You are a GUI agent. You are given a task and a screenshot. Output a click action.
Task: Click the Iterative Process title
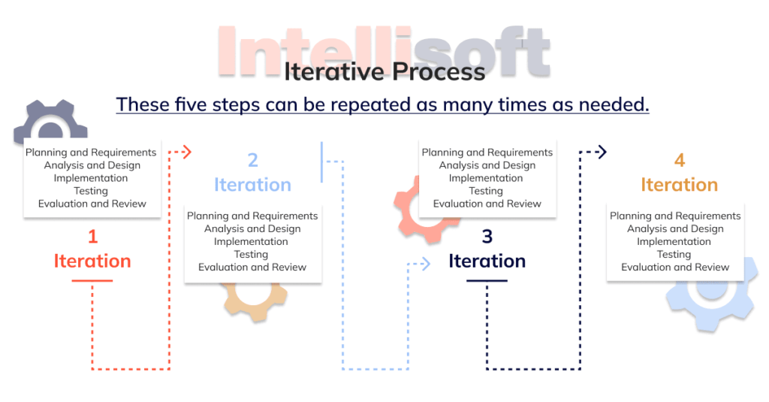384,71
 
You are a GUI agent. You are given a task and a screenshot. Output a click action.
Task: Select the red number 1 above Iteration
92,237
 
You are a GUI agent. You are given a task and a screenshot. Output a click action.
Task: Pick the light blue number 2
252,160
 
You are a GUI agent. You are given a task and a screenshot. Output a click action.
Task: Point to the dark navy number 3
487,237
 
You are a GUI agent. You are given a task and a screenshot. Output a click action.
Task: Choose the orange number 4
679,160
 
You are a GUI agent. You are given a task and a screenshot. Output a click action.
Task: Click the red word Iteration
92,261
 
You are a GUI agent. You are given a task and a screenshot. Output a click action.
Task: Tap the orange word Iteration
679,185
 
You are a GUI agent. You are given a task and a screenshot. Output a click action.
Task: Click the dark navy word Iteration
487,261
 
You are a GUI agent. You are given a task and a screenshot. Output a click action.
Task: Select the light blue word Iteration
252,185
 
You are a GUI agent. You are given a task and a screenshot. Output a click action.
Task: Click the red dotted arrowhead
187,153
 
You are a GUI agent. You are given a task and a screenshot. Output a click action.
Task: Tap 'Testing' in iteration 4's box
674,255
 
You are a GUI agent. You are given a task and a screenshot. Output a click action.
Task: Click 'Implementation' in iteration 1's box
91,178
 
